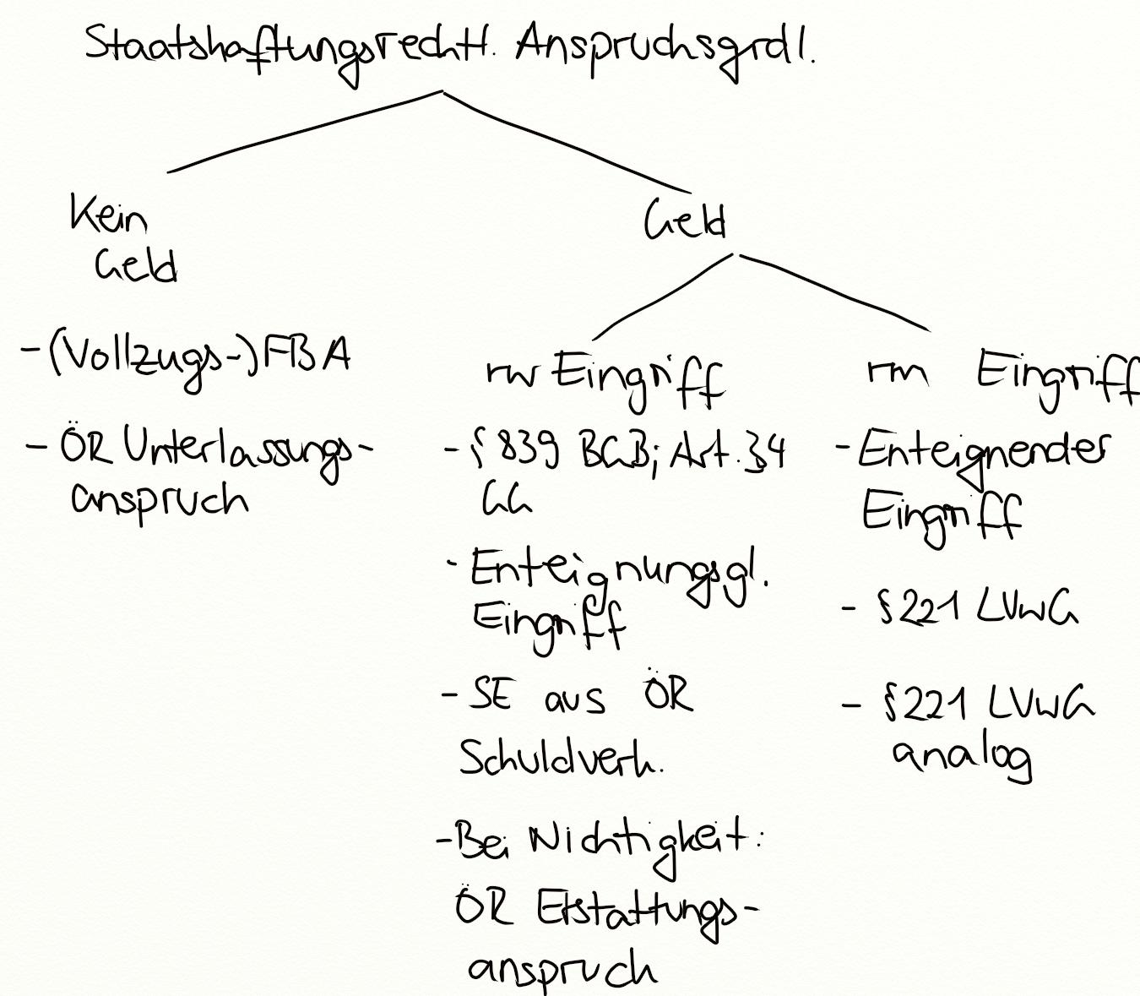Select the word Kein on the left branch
click(x=108, y=215)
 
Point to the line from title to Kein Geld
click(x=304, y=132)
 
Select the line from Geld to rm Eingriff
click(x=836, y=291)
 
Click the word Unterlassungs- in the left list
click(x=245, y=452)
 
